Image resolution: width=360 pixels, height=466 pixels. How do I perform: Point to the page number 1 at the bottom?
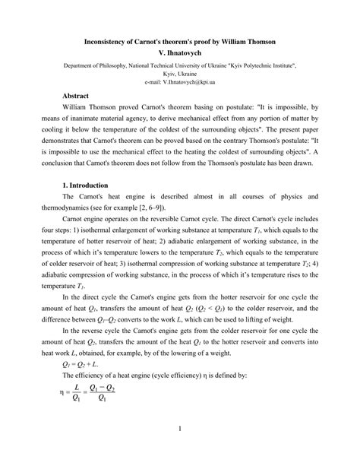[180, 430]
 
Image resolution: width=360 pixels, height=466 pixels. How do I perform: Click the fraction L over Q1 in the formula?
[77, 393]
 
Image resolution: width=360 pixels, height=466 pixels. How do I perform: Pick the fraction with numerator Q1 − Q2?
[107, 393]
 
